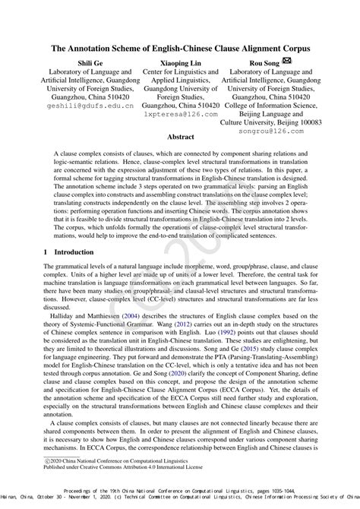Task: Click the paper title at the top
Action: pyautogui.click(x=180, y=47)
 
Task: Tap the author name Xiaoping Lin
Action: pyautogui.click(x=179, y=65)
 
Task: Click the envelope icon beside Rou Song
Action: pyautogui.click(x=288, y=64)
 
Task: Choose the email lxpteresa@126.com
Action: pyautogui.click(x=179, y=119)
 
